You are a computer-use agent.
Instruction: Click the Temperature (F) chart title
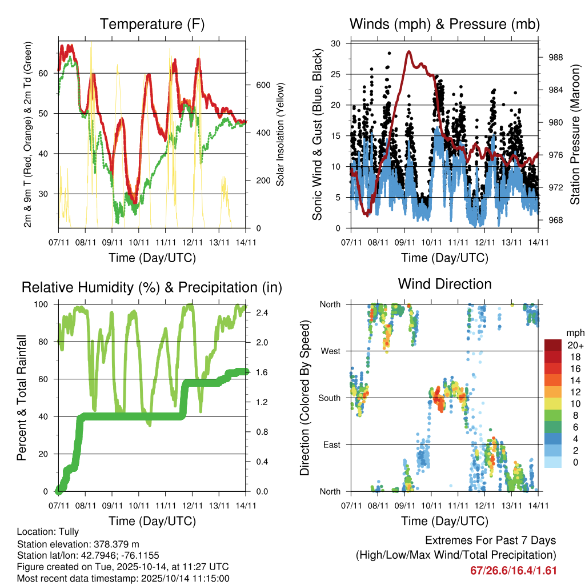pyautogui.click(x=152, y=24)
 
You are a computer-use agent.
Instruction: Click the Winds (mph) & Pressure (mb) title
pyautogui.click(x=445, y=24)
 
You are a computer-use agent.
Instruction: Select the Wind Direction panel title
pyautogui.click(x=445, y=284)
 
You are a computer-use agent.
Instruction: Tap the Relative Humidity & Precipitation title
pyautogui.click(x=152, y=287)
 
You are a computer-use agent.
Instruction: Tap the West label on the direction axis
pyautogui.click(x=330, y=351)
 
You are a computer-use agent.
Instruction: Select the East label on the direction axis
pyautogui.click(x=331, y=444)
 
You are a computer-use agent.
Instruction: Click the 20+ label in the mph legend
pyautogui.click(x=572, y=345)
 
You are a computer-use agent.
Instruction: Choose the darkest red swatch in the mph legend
pyautogui.click(x=552, y=345)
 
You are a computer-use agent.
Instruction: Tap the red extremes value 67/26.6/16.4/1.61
pyautogui.click(x=513, y=570)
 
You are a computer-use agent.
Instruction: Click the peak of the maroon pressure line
pyautogui.click(x=409, y=51)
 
